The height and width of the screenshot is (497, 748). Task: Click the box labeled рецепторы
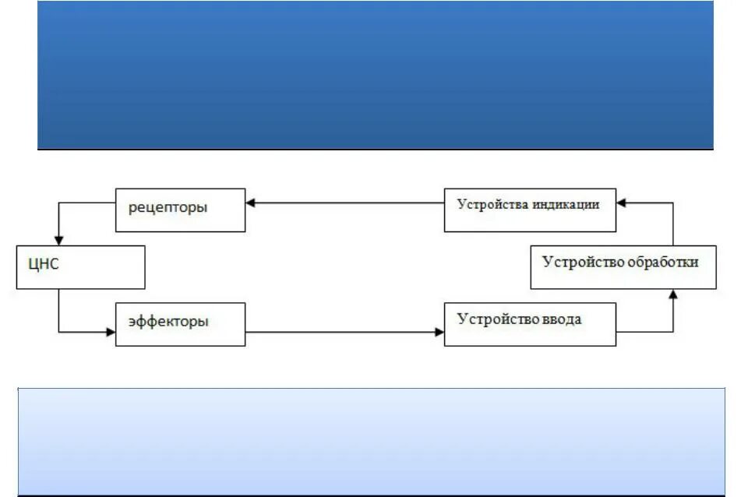(x=180, y=210)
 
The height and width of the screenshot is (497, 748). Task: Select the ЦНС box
(x=80, y=267)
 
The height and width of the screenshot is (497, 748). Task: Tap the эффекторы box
(x=180, y=324)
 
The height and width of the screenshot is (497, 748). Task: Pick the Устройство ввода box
(x=530, y=324)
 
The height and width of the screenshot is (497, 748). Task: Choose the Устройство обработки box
(x=623, y=267)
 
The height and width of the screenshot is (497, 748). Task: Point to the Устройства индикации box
(x=530, y=210)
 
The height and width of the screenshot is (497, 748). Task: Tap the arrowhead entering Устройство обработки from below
(x=673, y=294)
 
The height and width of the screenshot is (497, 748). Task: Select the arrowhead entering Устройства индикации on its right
(x=621, y=204)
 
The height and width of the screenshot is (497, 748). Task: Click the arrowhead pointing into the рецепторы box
(x=250, y=204)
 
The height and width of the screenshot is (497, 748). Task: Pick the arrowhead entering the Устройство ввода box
(x=439, y=333)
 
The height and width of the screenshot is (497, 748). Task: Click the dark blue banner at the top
(x=375, y=74)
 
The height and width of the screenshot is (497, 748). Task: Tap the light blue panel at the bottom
(x=372, y=441)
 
